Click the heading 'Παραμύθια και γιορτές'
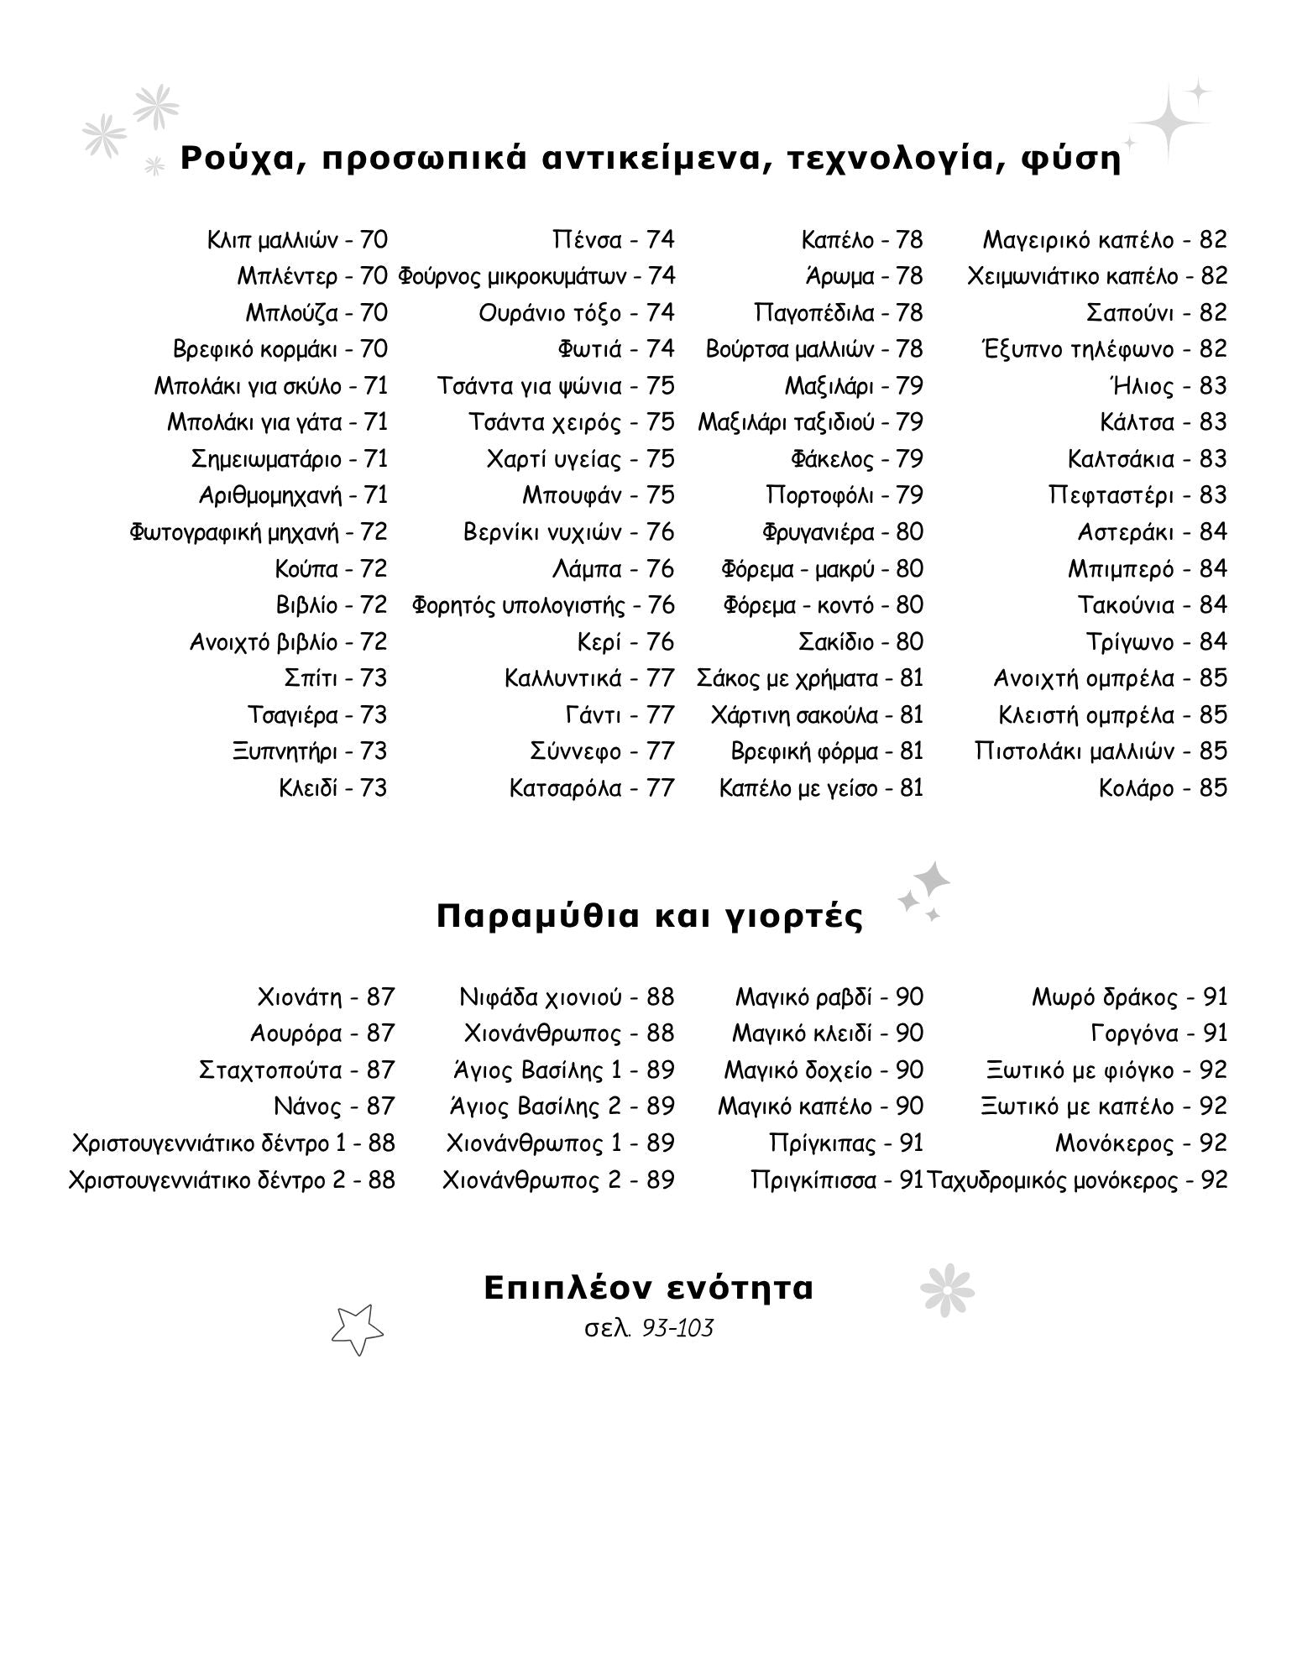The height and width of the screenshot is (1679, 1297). coord(649,916)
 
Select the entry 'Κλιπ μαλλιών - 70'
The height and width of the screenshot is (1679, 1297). coord(297,240)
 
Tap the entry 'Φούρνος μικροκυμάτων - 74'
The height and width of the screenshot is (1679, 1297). coord(536,276)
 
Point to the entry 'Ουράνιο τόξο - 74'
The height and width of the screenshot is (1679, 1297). coord(576,313)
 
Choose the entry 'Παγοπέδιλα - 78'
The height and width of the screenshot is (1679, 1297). coord(838,313)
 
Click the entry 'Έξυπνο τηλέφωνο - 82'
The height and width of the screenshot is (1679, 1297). coord(1103,349)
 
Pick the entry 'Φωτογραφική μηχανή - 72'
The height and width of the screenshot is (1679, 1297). coord(259,532)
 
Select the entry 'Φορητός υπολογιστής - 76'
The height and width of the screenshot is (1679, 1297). coord(542,605)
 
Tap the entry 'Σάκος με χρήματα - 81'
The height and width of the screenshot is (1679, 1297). coord(809,678)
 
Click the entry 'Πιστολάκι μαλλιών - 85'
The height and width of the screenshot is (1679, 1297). coord(1101,751)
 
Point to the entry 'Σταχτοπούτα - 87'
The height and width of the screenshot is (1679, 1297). coord(296,1070)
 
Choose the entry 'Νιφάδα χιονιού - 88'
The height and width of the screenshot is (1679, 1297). coord(567,997)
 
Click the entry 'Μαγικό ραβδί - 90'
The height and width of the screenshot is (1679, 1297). coord(829,997)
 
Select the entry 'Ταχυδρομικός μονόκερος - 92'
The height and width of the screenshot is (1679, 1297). coord(1077,1180)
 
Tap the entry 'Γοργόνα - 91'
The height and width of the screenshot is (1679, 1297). coord(1158,1033)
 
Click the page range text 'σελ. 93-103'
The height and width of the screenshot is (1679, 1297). coord(648,1328)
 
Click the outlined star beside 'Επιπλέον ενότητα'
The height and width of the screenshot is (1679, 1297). coord(357,1329)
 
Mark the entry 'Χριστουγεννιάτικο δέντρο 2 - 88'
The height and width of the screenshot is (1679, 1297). coord(231,1180)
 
